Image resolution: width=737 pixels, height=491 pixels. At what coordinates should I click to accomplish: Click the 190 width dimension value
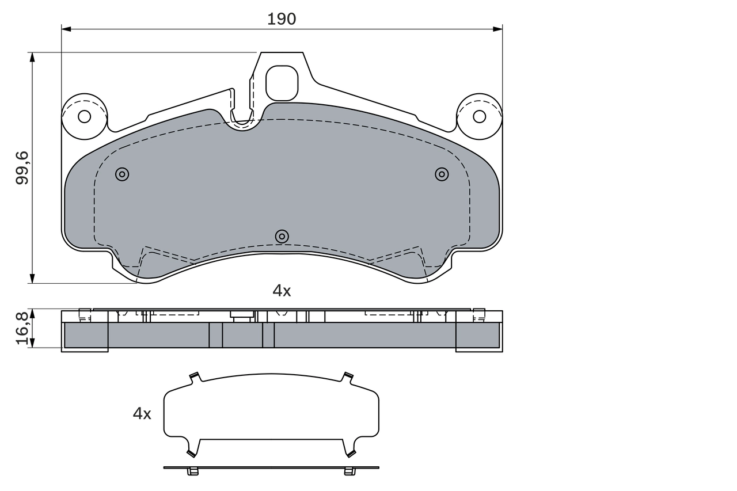[282, 19]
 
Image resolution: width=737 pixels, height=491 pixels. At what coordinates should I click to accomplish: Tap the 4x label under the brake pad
[282, 291]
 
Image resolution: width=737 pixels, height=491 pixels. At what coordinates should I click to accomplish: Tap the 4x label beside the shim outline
[142, 413]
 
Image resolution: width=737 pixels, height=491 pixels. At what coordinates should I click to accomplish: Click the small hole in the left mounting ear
[84, 116]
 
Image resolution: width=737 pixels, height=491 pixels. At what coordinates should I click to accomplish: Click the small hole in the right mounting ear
[479, 116]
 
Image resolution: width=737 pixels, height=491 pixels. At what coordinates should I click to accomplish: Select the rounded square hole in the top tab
[282, 83]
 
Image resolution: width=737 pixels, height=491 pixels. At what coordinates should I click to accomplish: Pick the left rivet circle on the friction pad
[122, 174]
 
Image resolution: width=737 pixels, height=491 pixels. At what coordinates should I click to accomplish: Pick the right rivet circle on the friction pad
[442, 174]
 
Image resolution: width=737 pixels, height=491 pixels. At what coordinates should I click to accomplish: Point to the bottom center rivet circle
[282, 236]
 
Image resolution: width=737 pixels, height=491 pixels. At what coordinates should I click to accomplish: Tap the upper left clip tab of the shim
[194, 378]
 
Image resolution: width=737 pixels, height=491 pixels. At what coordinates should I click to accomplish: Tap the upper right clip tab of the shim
[348, 378]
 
